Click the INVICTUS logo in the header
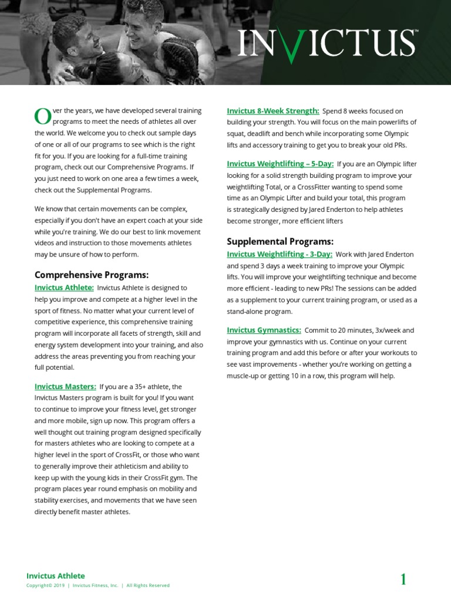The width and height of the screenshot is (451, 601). coord(327,44)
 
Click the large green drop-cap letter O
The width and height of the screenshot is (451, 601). coord(43,116)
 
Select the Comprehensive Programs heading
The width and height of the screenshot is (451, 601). coord(92,275)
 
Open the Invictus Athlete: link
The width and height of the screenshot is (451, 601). coord(64,288)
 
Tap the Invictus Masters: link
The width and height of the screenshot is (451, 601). coord(65,387)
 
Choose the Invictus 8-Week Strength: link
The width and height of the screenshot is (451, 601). coord(273,110)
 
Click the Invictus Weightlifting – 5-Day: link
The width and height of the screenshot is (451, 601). coord(280,164)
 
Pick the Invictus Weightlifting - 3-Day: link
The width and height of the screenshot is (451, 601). coord(280,254)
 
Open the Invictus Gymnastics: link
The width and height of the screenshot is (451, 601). coord(264,330)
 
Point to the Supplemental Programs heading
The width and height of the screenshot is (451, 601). coord(280,241)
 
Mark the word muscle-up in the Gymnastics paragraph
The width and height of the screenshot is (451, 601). coord(243,376)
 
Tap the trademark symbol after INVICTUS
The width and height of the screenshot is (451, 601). coord(416,32)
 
